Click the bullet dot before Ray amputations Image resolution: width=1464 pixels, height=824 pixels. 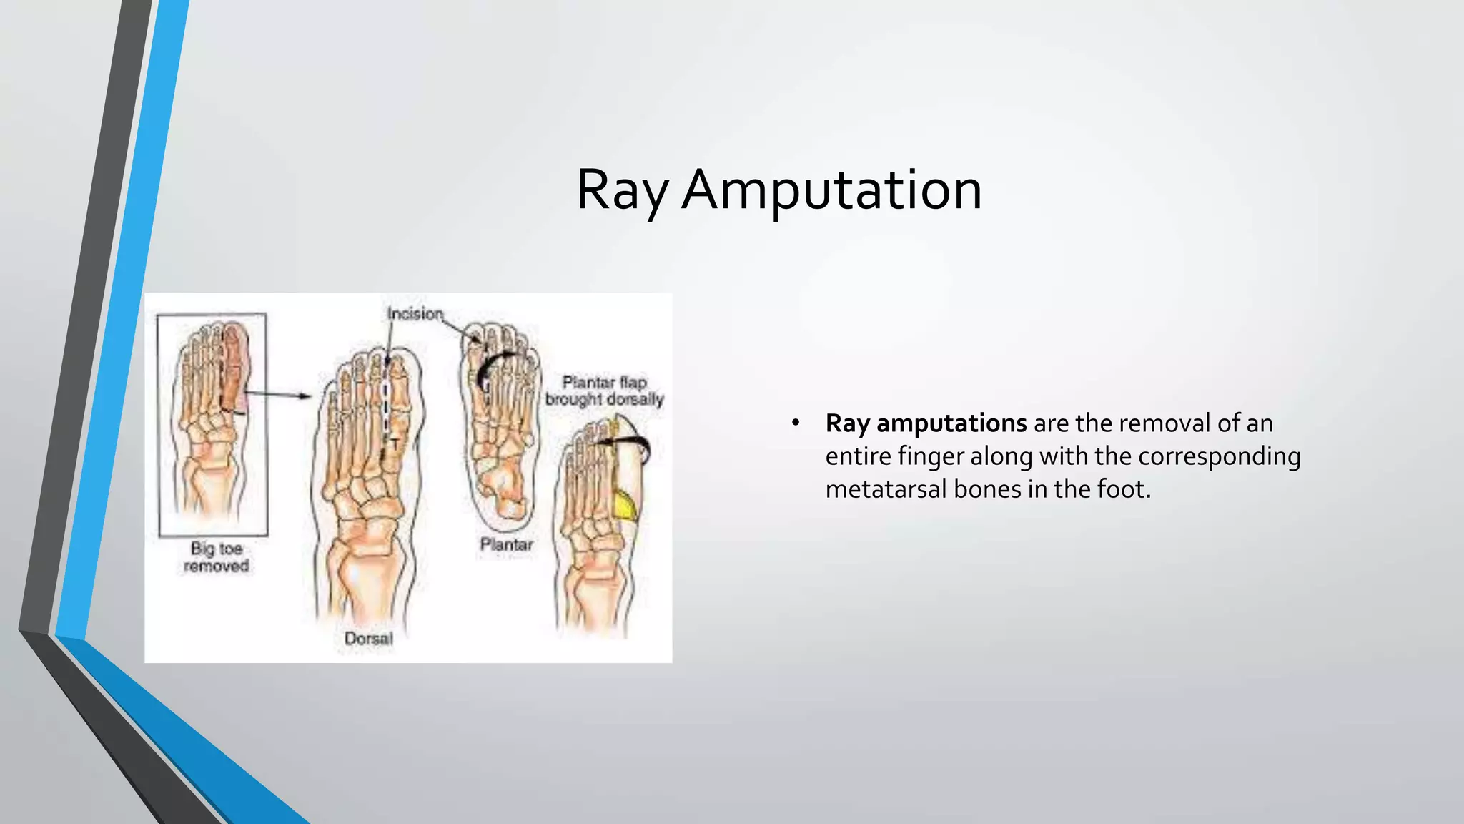click(x=796, y=423)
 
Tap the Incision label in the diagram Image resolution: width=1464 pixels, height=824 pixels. click(x=415, y=314)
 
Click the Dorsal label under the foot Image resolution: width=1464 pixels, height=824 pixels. click(x=368, y=638)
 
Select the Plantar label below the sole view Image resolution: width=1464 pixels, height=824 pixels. click(x=506, y=545)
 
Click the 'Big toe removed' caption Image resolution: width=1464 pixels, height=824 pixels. click(x=216, y=557)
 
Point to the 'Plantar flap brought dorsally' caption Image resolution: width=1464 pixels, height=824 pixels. click(x=604, y=391)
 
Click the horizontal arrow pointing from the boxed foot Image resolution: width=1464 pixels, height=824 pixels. click(x=279, y=394)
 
